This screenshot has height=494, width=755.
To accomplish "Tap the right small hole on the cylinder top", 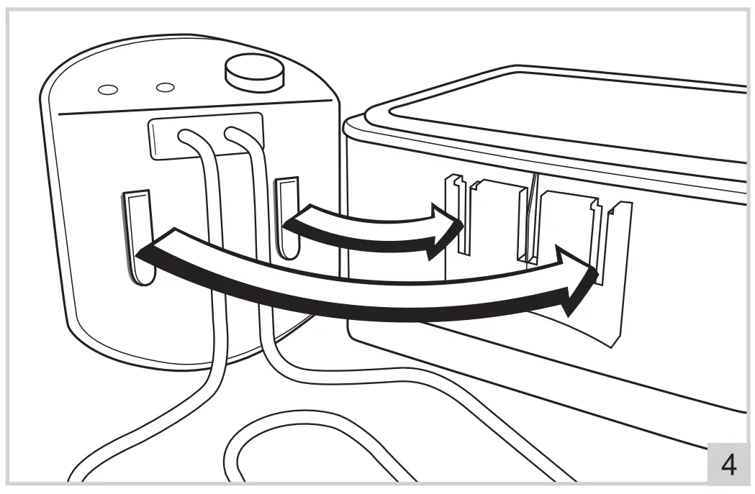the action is [x=166, y=87].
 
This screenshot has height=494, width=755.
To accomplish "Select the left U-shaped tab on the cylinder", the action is [x=139, y=237].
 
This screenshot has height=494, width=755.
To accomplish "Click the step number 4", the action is [x=728, y=465].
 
